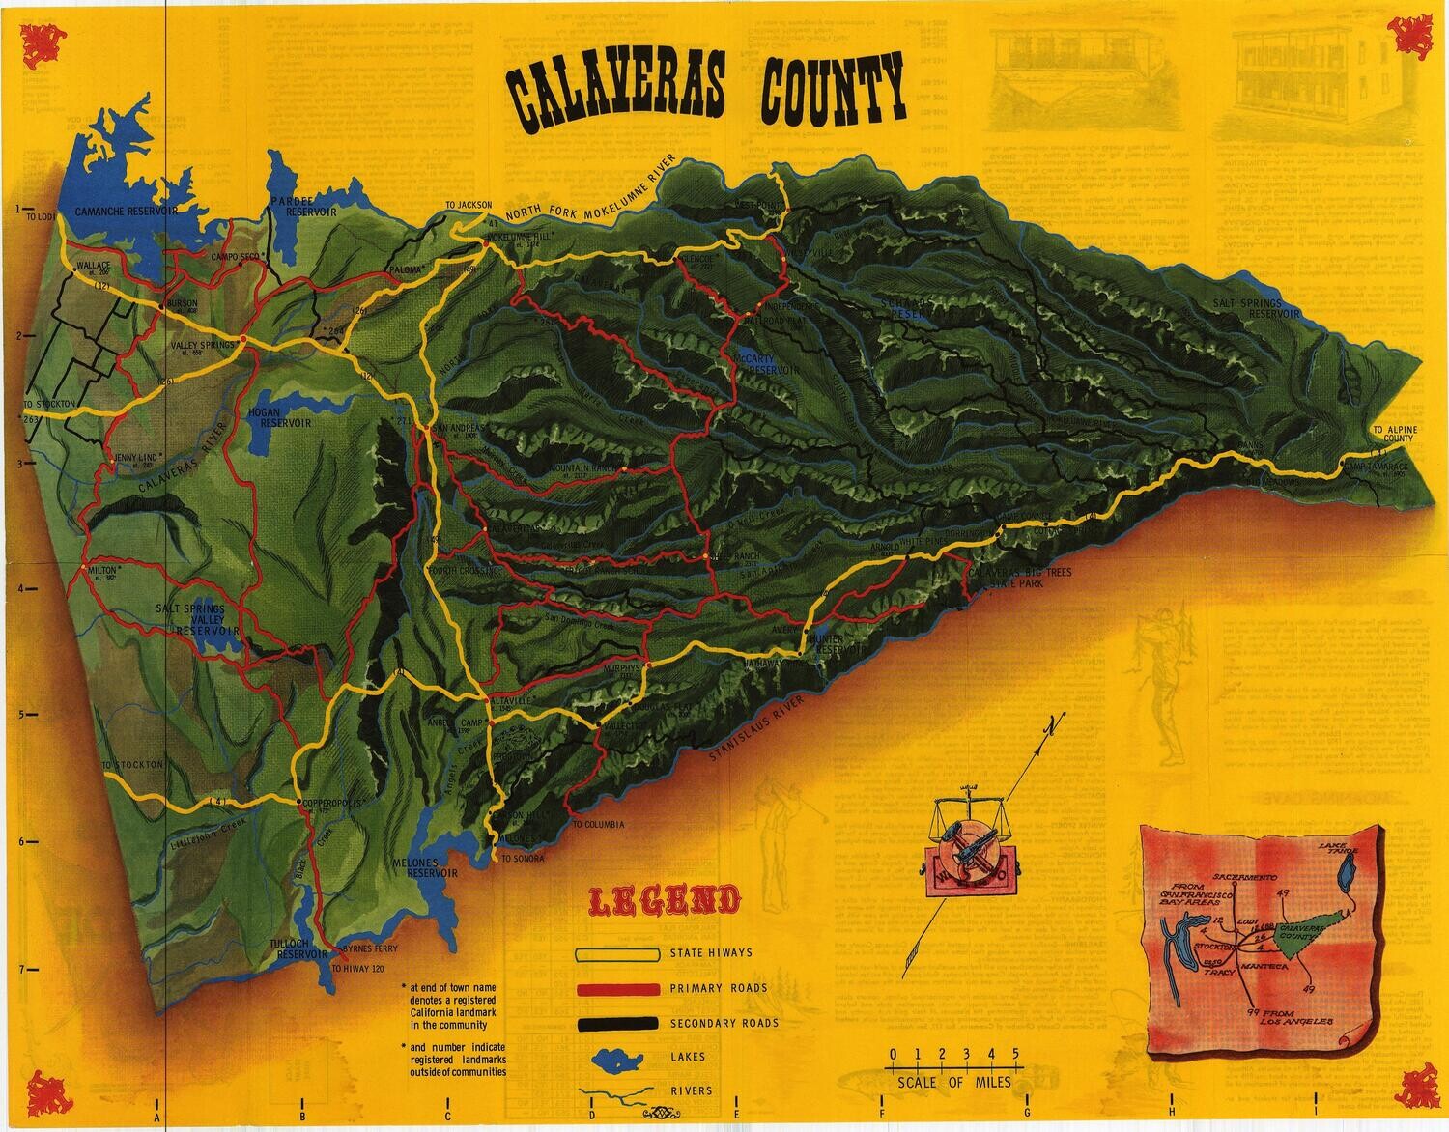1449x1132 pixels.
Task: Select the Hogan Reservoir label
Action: click(284, 417)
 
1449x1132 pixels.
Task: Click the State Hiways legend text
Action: click(711, 953)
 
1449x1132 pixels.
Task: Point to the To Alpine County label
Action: click(1393, 433)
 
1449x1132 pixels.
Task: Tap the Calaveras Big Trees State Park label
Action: click(1019, 579)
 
